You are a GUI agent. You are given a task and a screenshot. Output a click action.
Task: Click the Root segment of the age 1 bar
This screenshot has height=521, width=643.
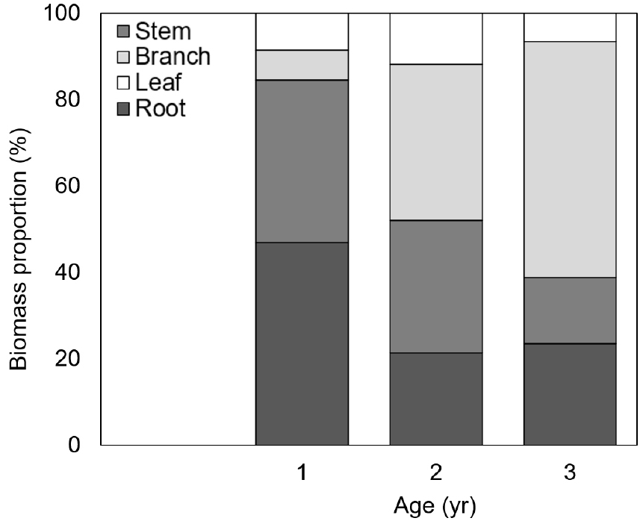click(x=302, y=343)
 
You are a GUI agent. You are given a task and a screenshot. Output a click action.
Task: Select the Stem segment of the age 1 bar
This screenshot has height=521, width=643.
click(x=302, y=161)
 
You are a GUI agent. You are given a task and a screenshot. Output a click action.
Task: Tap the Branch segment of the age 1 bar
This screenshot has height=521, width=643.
click(x=302, y=65)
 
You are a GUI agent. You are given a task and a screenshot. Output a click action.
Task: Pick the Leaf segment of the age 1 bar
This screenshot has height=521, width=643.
click(x=302, y=31)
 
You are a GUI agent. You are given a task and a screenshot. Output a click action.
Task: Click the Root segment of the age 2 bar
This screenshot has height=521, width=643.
click(x=436, y=399)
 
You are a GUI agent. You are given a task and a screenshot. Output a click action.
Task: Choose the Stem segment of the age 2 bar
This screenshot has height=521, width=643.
click(x=436, y=287)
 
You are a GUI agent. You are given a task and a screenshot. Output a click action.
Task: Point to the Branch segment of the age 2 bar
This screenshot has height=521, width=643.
click(x=436, y=143)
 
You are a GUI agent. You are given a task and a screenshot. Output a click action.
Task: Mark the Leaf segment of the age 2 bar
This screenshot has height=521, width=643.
click(x=436, y=39)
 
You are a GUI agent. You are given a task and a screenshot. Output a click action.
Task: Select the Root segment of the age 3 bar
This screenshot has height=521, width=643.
click(x=570, y=394)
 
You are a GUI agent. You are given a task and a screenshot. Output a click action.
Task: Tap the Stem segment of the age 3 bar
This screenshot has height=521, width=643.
click(x=570, y=311)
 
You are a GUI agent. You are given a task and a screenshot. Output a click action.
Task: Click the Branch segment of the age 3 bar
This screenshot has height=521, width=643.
click(x=570, y=160)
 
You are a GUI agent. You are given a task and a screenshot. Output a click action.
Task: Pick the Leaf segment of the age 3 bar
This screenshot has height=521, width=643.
click(x=570, y=28)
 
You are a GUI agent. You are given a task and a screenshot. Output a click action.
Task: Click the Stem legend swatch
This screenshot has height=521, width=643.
click(x=123, y=31)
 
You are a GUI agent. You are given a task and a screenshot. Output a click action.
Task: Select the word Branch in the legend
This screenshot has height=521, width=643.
click(x=173, y=56)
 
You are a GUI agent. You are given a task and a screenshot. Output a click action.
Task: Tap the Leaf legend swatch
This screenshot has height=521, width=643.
click(x=123, y=83)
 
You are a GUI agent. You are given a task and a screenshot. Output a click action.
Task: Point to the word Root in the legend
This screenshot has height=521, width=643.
click(x=161, y=108)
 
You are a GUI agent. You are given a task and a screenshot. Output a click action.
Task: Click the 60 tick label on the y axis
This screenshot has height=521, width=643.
click(x=67, y=186)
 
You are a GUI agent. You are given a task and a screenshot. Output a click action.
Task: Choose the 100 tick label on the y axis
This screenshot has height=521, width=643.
click(x=62, y=13)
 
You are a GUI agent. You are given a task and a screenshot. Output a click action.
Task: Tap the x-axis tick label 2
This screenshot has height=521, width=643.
click(x=436, y=472)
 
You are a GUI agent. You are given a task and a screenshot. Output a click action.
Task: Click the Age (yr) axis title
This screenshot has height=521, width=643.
click(x=435, y=506)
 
